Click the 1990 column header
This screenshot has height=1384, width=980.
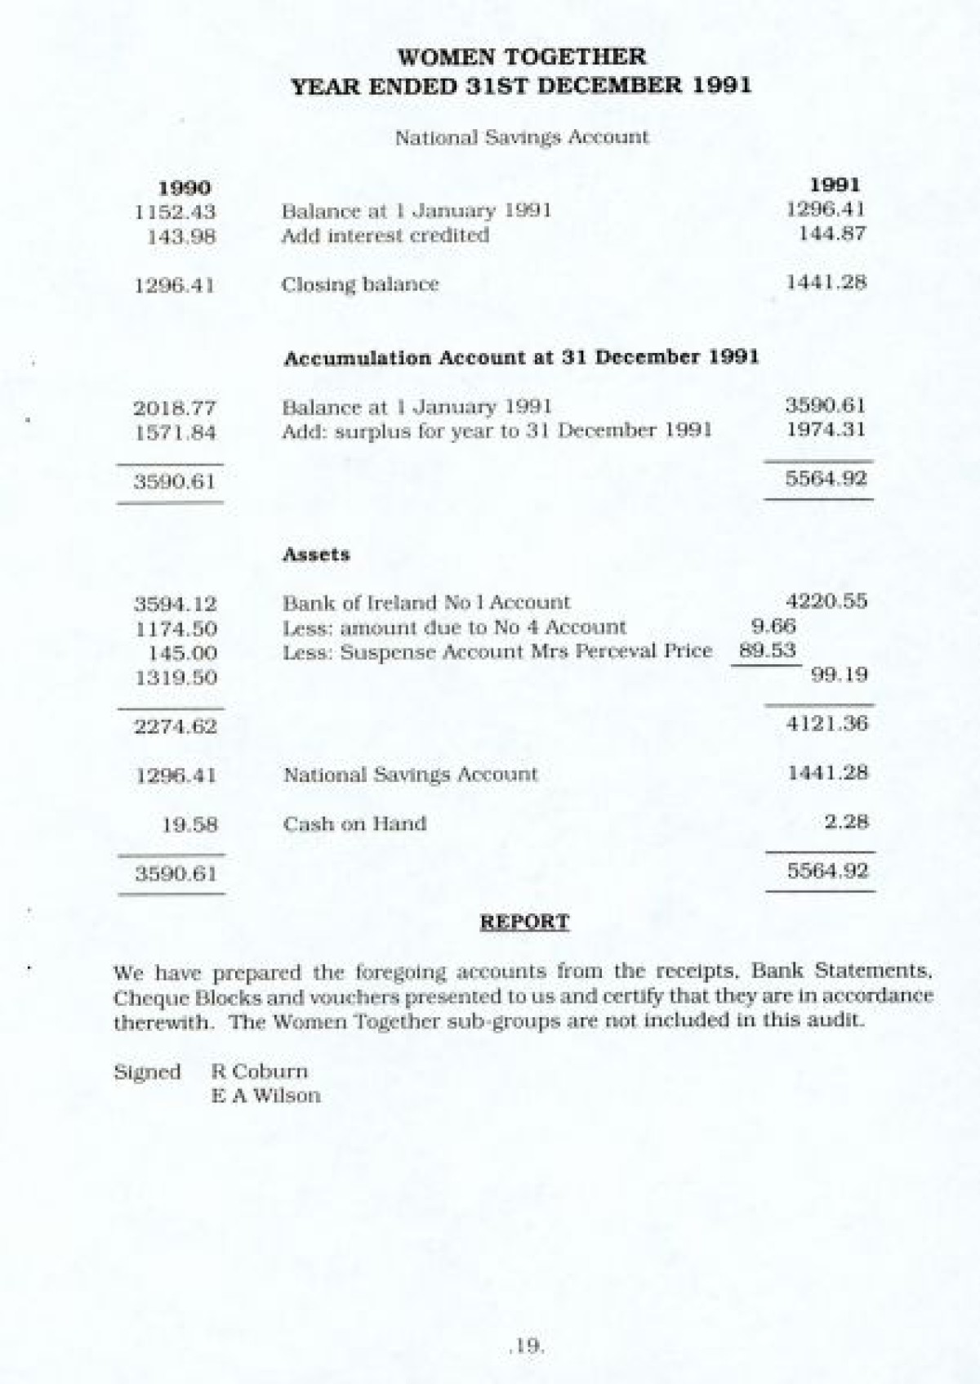click(x=183, y=189)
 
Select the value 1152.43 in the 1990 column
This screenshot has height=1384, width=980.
click(x=175, y=212)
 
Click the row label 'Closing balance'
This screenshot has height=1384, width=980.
click(x=360, y=284)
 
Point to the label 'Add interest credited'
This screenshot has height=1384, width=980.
click(x=385, y=235)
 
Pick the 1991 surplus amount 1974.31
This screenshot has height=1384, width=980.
click(x=825, y=430)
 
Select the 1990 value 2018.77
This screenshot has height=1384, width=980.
click(x=175, y=408)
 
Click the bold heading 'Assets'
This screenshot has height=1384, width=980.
click(x=316, y=554)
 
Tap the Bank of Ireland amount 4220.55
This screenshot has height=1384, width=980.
click(x=826, y=602)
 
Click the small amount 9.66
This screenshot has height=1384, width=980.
click(x=773, y=627)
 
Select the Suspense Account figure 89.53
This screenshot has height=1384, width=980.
click(x=767, y=651)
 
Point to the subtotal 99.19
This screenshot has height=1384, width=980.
click(x=840, y=675)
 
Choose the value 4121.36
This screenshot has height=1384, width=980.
click(x=826, y=723)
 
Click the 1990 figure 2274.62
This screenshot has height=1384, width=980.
click(x=176, y=725)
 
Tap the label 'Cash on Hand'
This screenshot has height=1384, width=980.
click(x=354, y=824)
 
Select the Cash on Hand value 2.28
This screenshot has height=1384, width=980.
click(x=846, y=822)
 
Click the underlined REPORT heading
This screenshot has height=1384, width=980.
click(x=524, y=922)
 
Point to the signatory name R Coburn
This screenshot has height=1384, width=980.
click(x=260, y=1071)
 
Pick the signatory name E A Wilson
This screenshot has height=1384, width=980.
click(x=266, y=1096)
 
